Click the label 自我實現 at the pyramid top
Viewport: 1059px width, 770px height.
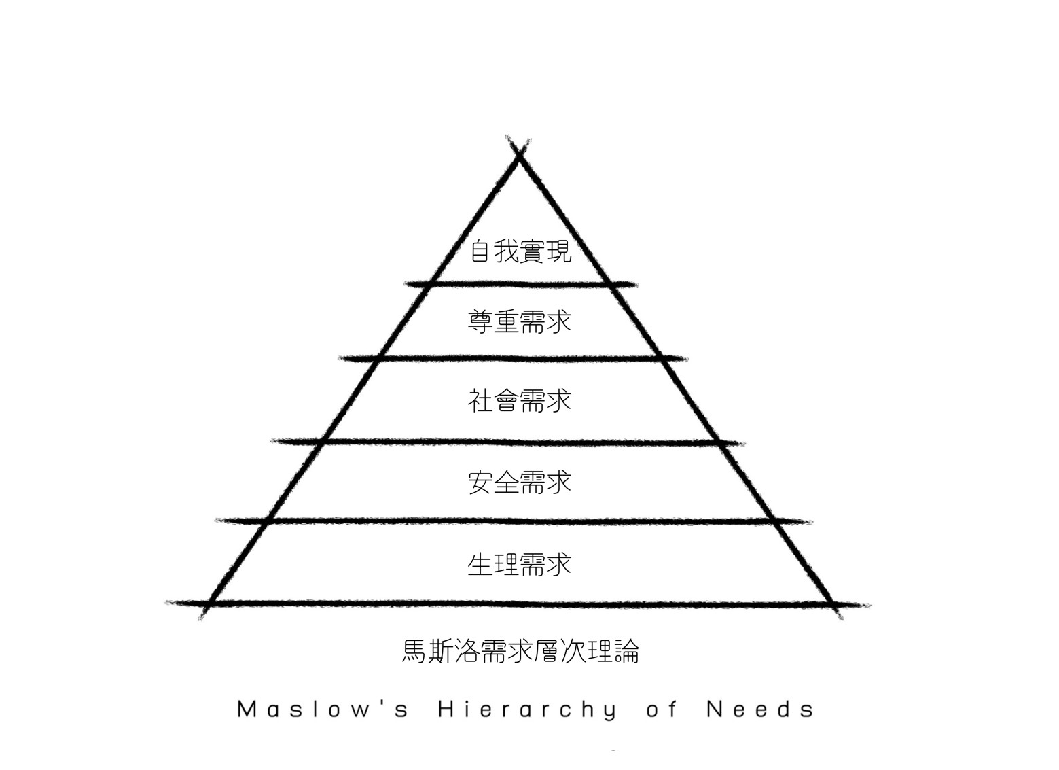[x=520, y=251]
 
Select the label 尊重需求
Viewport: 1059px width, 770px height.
[x=520, y=321]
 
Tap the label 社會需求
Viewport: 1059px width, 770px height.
[x=520, y=400]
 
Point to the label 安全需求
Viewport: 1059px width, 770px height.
[x=520, y=483]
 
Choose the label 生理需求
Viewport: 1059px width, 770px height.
[x=520, y=564]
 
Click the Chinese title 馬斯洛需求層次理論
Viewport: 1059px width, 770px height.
[x=520, y=651]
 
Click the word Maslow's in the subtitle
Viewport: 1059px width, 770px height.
[x=323, y=710]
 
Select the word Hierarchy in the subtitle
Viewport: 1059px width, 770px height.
[x=527, y=710]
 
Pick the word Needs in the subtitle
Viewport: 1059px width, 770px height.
[x=760, y=710]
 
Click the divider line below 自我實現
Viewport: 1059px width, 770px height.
[x=520, y=283]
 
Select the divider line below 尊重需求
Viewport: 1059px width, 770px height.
[x=520, y=358]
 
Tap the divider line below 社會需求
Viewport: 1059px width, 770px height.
[x=520, y=442]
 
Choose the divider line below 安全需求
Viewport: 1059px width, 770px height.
[x=520, y=521]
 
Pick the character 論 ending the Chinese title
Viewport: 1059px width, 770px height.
[x=626, y=651]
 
